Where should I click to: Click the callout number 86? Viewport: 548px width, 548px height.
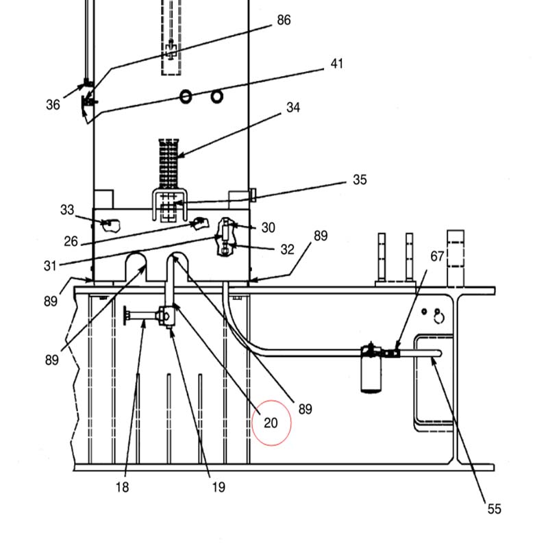pyautogui.click(x=284, y=21)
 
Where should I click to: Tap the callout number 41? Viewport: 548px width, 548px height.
pyautogui.click(x=336, y=64)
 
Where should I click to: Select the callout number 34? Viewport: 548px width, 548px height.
pyautogui.click(x=293, y=108)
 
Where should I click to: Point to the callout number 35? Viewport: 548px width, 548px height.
pyautogui.click(x=360, y=179)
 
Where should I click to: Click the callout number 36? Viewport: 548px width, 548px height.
pyautogui.click(x=53, y=105)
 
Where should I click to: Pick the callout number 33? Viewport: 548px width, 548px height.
pyautogui.click(x=67, y=210)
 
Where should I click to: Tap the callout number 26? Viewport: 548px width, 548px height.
pyautogui.click(x=71, y=241)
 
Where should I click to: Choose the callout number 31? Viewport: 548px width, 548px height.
pyautogui.click(x=49, y=266)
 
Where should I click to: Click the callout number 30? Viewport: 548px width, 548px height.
pyautogui.click(x=268, y=227)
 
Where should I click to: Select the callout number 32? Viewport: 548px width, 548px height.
pyautogui.click(x=287, y=249)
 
